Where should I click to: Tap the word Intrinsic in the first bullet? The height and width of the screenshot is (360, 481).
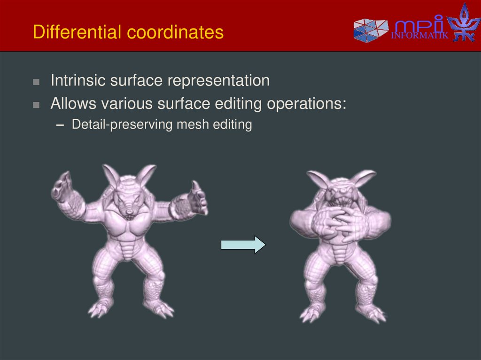pos(78,81)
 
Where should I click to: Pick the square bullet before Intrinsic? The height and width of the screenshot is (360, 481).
pos(36,82)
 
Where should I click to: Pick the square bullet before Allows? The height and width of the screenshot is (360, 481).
pos(36,105)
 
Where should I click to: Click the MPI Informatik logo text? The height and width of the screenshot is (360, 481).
pos(419,28)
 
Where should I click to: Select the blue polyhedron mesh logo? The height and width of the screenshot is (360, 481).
pos(371,31)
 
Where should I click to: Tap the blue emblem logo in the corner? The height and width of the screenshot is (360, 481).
pos(463,23)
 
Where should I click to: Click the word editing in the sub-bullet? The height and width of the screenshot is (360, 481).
pos(236,125)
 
